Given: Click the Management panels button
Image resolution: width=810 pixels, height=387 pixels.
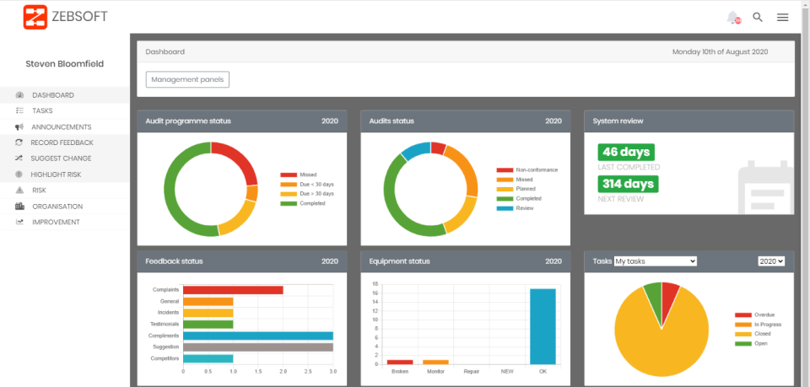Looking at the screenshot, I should [x=187, y=79].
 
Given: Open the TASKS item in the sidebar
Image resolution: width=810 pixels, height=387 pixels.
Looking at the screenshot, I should [x=42, y=110].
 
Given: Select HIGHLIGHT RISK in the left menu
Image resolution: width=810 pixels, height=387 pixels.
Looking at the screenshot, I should [x=57, y=175].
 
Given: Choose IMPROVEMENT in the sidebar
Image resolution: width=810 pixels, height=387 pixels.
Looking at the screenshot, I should [x=56, y=222].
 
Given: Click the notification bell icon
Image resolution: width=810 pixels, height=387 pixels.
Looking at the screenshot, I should [x=732, y=17].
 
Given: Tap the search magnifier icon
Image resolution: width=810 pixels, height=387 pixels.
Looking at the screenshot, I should [x=758, y=17].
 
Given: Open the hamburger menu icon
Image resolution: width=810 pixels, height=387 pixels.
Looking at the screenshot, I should [x=783, y=17].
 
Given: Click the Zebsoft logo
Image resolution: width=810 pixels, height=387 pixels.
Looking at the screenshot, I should [x=65, y=17].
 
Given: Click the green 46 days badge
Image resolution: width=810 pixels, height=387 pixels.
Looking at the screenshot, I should [x=625, y=153].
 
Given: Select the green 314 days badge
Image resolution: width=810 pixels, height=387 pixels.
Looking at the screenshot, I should [x=628, y=185].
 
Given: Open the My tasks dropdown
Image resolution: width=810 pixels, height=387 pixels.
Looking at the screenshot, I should [x=656, y=261].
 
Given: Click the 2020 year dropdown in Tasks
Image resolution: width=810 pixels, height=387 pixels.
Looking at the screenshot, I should [x=771, y=261].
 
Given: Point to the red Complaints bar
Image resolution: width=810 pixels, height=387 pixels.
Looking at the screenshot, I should [x=233, y=290].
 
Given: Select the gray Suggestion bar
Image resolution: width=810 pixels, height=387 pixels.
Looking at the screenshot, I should [x=257, y=347].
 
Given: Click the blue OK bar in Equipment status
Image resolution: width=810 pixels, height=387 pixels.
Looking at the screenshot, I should [x=543, y=326].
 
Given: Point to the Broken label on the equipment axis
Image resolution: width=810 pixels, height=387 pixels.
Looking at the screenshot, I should [x=400, y=371].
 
